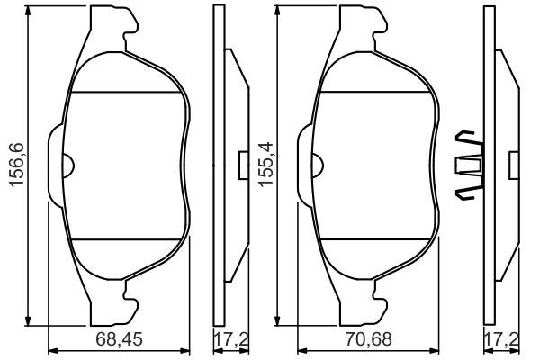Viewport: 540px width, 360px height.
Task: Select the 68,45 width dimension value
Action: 120,340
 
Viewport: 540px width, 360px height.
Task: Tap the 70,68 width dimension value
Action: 369,340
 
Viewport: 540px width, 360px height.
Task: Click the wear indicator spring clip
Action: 471,164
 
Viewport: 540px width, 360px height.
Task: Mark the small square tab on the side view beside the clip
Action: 515,165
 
